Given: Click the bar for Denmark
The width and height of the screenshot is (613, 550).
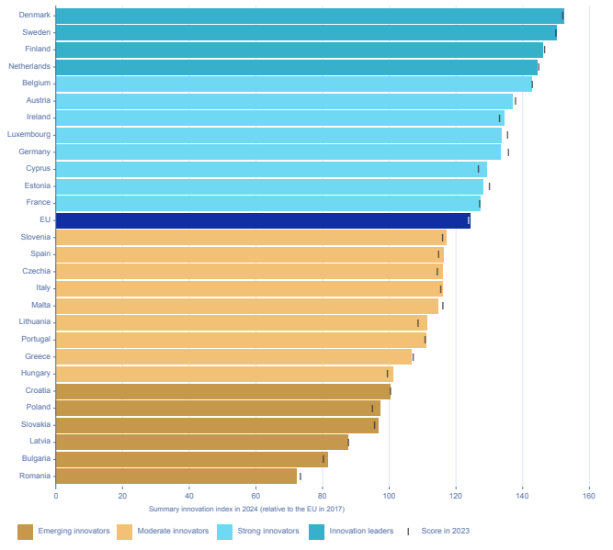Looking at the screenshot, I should pyautogui.click(x=309, y=16).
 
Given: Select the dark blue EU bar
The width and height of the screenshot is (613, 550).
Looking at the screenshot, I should pyautogui.click(x=263, y=220).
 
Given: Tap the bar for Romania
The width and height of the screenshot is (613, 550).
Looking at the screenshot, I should pyautogui.click(x=176, y=476).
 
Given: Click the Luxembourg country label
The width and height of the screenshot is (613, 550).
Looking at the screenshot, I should pyautogui.click(x=28, y=134).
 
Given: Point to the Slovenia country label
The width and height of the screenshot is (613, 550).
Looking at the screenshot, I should pyautogui.click(x=35, y=237).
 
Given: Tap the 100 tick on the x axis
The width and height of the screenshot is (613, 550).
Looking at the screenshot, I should pyautogui.click(x=389, y=497).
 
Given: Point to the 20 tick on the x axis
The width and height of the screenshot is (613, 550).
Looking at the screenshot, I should pyautogui.click(x=122, y=497).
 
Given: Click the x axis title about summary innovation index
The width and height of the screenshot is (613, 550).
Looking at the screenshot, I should pyautogui.click(x=245, y=509).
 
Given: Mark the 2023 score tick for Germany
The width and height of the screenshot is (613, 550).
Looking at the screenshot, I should pyautogui.click(x=508, y=152).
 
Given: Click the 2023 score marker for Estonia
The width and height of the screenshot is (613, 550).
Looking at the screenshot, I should pyautogui.click(x=489, y=185).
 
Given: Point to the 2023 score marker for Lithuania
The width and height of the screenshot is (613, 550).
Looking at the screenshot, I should pyautogui.click(x=418, y=322).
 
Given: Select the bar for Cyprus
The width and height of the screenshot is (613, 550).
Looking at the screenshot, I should pyautogui.click(x=271, y=169).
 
